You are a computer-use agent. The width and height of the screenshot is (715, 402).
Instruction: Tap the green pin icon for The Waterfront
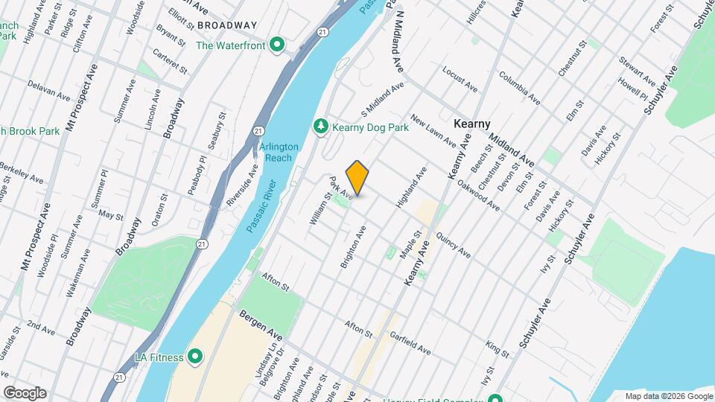278,45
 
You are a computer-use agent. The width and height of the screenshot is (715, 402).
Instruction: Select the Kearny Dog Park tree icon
321,127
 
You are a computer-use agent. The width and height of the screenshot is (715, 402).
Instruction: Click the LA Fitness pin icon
195,357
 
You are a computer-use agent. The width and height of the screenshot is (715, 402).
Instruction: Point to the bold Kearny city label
471,124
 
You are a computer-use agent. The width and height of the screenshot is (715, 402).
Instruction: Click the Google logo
25,393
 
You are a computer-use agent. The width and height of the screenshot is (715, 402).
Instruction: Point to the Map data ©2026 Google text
667,396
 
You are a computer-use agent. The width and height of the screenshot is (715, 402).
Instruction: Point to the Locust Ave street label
460,80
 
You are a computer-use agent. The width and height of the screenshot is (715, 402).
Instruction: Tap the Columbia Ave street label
519,89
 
